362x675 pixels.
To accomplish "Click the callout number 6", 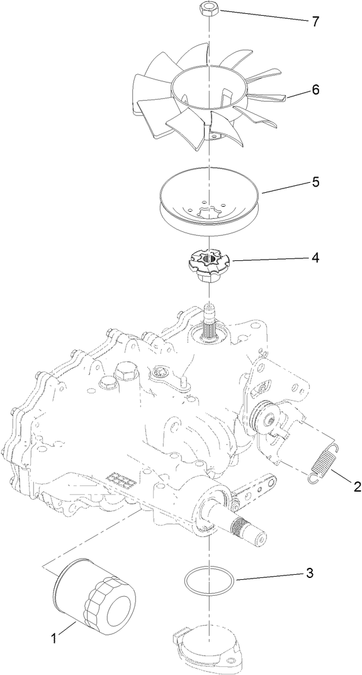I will pyautogui.click(x=315, y=90).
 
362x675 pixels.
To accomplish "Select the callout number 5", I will pyautogui.click(x=315, y=182).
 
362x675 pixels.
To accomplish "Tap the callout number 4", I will pyautogui.click(x=315, y=258).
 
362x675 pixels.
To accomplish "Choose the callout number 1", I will pyautogui.click(x=54, y=638).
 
